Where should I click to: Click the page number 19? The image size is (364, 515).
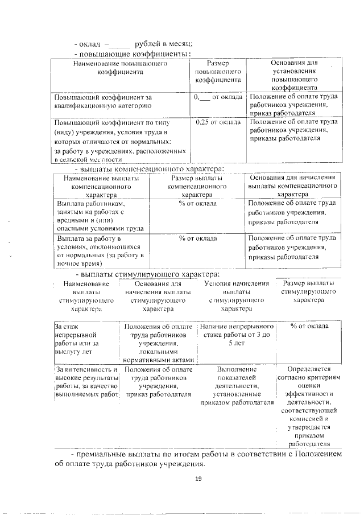point(198,479)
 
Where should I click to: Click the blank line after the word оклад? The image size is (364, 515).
point(120,44)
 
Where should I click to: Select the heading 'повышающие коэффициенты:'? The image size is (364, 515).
point(133,53)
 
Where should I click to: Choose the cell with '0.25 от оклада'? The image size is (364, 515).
point(218,122)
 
